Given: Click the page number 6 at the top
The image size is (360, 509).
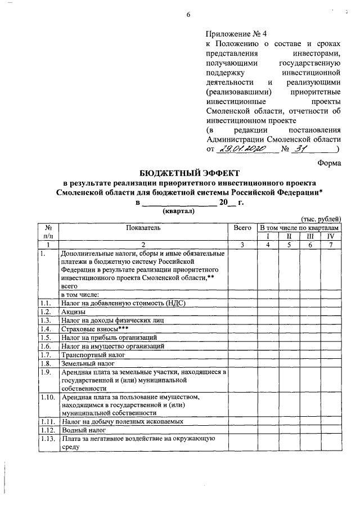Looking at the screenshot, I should tap(189, 15).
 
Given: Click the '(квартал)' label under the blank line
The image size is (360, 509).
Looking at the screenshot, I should tap(178, 211).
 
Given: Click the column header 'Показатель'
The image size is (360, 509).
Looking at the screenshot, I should tap(143, 228).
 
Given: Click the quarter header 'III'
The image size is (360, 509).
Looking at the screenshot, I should tap(309, 236).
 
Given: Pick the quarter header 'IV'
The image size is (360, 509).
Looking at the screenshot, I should tap(330, 236).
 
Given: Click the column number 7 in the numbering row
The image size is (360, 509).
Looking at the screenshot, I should tap(330, 245).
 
